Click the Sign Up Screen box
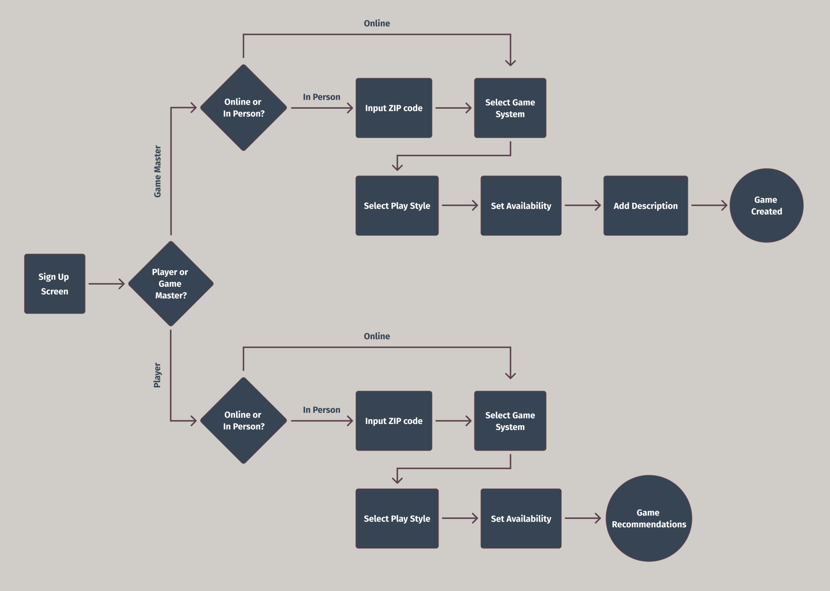pos(55,284)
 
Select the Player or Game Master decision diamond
pos(171,284)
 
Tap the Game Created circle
pos(767,205)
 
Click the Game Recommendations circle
pos(649,518)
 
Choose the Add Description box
pos(646,206)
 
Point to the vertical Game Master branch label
pos(158,171)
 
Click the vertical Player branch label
pos(157,375)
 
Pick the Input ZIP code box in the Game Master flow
pos(394,108)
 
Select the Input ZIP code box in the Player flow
pos(394,421)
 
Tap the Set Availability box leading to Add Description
pos(521,206)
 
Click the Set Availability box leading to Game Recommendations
pos(521,518)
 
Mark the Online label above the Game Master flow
pos(377,23)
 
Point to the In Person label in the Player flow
pos(322,410)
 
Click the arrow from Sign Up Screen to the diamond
pos(107,284)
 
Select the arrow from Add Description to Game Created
pos(709,205)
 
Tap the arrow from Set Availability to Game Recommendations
pos(583,518)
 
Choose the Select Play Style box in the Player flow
pos(397,518)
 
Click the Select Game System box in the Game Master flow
pos(510,108)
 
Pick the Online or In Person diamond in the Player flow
pos(244,421)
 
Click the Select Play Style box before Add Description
pos(397,206)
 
